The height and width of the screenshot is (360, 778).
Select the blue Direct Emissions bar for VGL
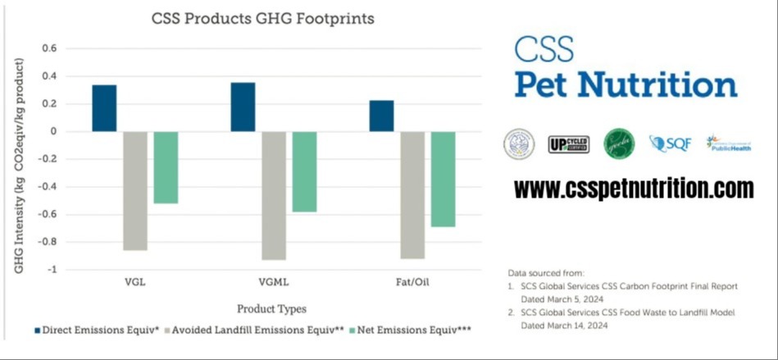tap(104, 107)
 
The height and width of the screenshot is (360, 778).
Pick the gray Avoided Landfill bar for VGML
tap(274, 195)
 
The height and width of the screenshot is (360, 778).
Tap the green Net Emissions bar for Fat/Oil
tap(444, 179)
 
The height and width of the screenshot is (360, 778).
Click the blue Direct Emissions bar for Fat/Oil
tap(381, 116)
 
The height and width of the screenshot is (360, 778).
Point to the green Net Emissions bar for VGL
tap(166, 167)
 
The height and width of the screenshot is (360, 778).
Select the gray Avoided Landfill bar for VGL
tap(134, 190)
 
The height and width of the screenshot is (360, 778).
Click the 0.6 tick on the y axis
tap(48, 48)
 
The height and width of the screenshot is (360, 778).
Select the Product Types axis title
tap(271, 309)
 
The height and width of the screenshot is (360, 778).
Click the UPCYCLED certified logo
tap(568, 144)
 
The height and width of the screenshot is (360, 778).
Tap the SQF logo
tap(670, 144)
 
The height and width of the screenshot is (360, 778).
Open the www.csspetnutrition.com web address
tap(633, 189)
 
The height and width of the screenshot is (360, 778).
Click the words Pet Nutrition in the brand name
tap(626, 84)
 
